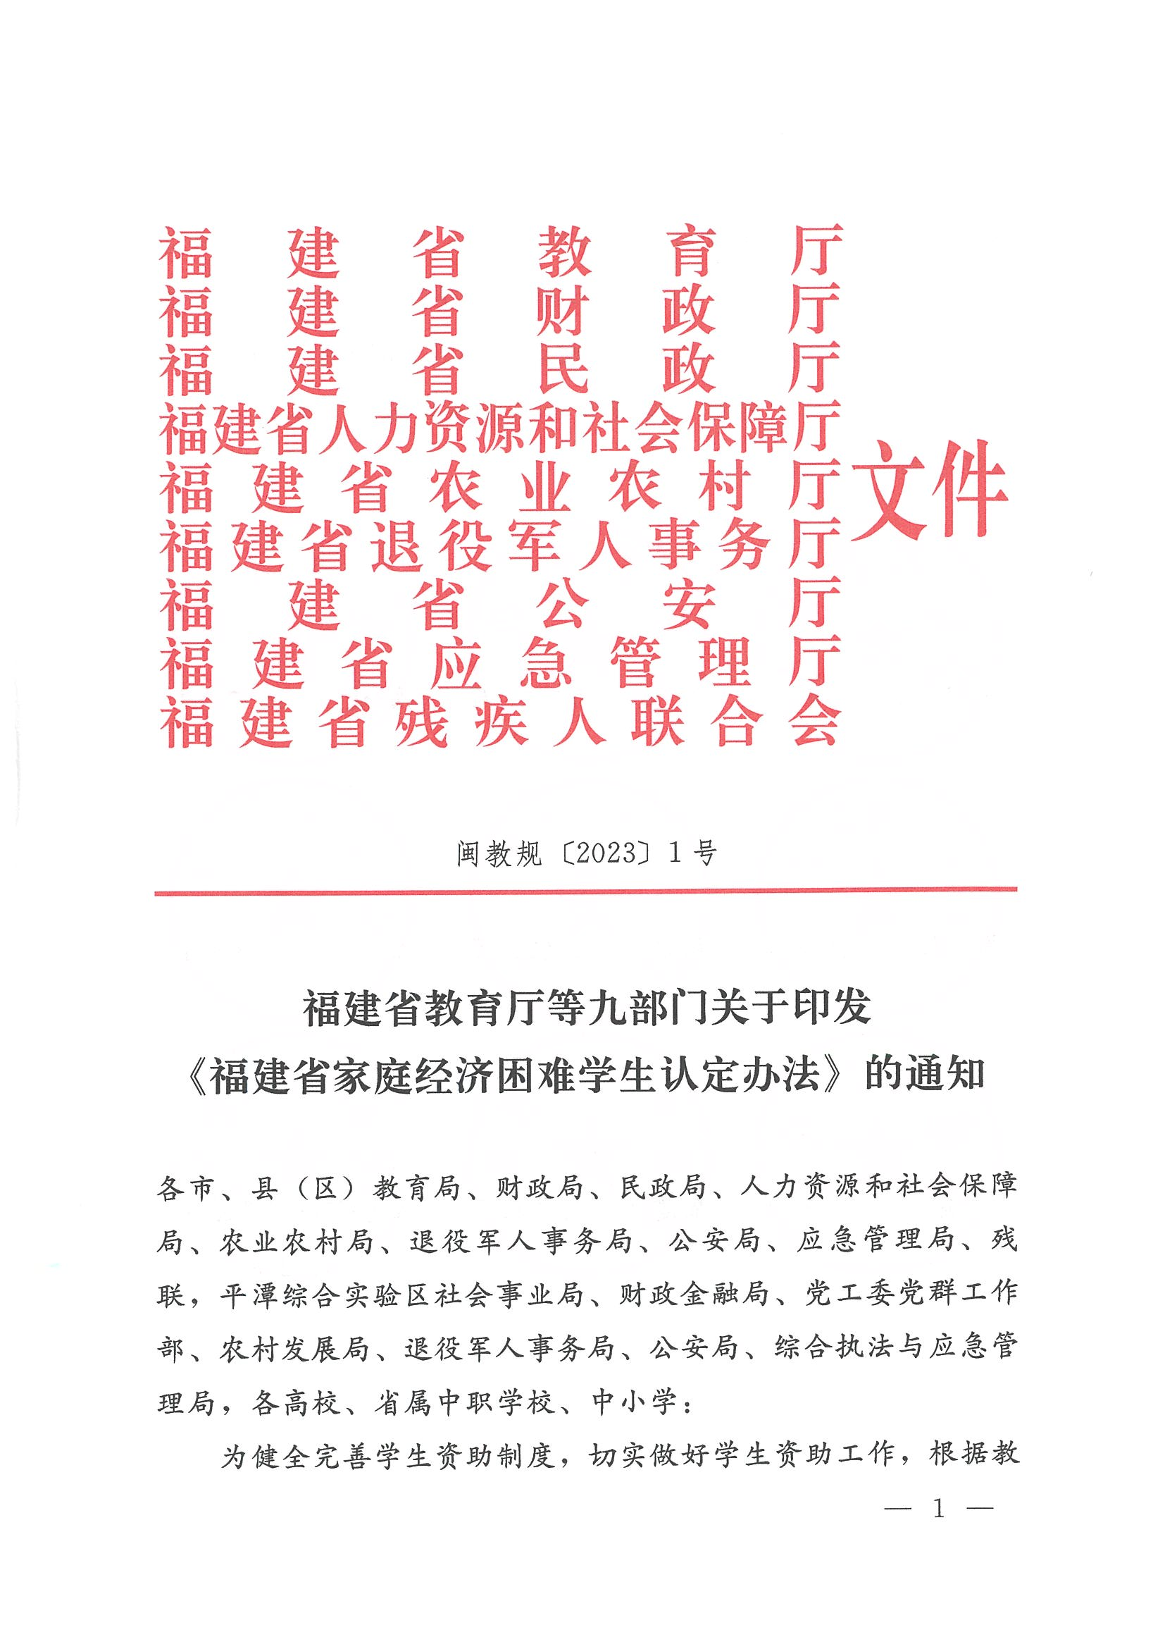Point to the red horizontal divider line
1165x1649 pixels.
(x=585, y=891)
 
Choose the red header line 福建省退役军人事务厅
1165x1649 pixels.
(x=499, y=546)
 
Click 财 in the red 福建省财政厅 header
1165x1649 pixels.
(x=565, y=311)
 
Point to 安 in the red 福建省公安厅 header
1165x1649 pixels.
(x=689, y=605)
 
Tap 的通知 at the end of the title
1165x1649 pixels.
(x=925, y=1075)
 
